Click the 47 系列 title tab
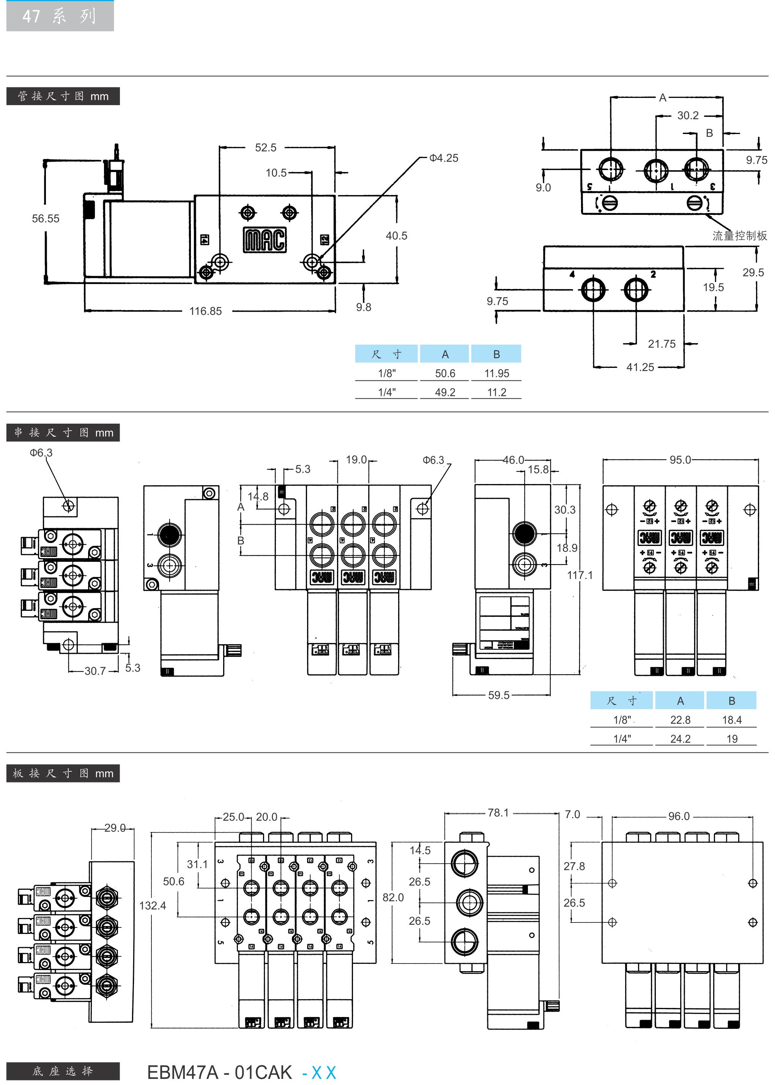click(60, 16)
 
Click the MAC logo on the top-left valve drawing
click(265, 239)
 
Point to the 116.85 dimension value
click(205, 311)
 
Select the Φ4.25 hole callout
click(443, 158)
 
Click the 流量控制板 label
click(739, 235)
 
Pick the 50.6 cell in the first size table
click(445, 373)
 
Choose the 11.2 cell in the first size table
click(496, 393)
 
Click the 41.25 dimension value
click(640, 367)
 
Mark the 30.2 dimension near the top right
click(688, 115)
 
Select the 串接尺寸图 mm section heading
click(63, 432)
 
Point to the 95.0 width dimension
click(680, 460)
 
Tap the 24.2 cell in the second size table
click(680, 739)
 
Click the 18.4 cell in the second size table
click(732, 720)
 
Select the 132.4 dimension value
click(153, 905)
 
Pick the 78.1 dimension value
click(498, 812)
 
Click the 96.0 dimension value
click(679, 816)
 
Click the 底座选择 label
click(63, 1071)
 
